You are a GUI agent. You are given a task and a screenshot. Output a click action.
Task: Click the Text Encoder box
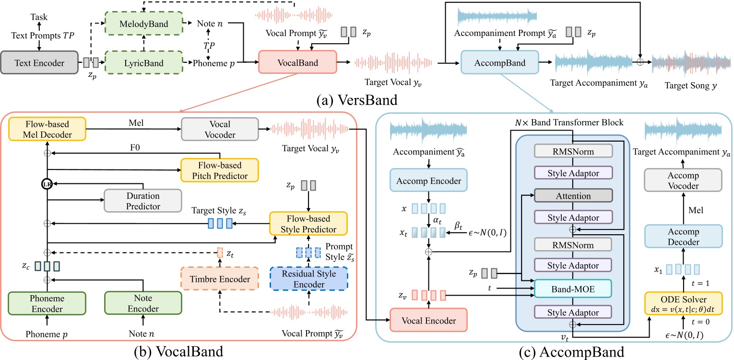coord(39,63)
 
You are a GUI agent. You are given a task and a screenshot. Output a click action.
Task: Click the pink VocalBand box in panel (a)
coord(297,62)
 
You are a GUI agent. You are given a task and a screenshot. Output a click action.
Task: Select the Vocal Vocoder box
coord(219,129)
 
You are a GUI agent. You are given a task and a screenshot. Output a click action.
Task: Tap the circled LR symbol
coord(47,184)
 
